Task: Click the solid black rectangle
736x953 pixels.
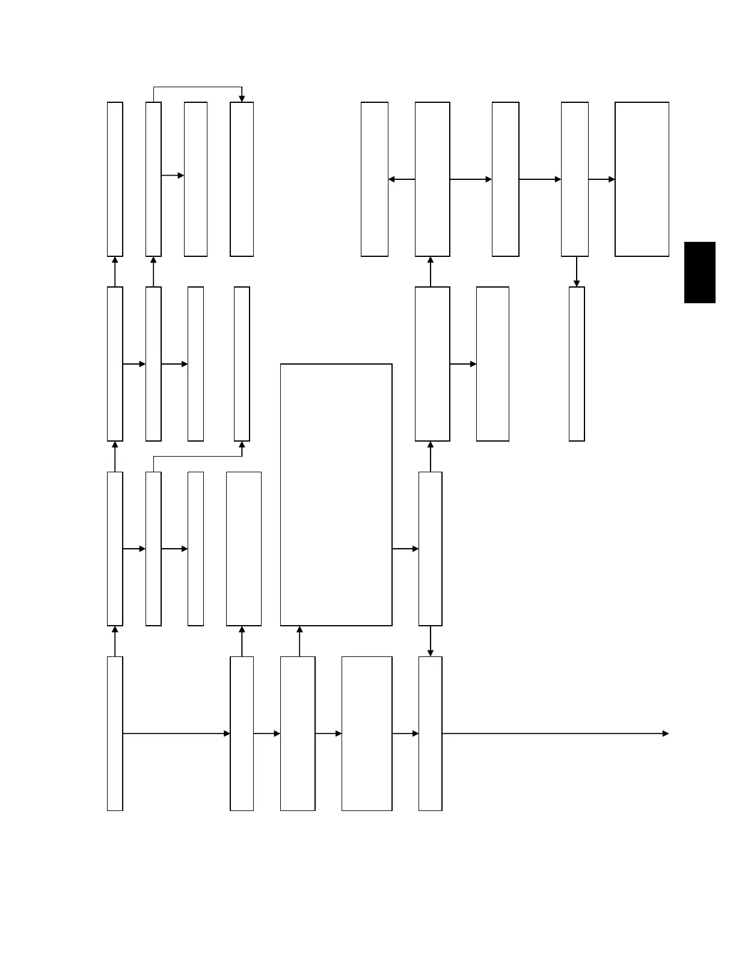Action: pos(700,273)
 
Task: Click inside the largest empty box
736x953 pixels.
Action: pos(336,495)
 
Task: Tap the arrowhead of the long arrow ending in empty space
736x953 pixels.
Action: pos(665,734)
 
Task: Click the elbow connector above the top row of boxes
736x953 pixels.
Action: pos(198,88)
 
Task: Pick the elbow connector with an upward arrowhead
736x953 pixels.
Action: pos(198,456)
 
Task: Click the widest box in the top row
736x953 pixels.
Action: pos(642,179)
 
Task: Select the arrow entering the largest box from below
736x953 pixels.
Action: pos(299,641)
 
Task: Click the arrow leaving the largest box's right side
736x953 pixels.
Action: pos(405,549)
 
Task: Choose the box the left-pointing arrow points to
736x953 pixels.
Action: pos(375,179)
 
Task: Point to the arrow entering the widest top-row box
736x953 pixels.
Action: pos(601,179)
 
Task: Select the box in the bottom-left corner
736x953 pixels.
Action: pos(115,734)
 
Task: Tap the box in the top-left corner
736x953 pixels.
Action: pos(115,179)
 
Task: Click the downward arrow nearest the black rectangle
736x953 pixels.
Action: pos(577,271)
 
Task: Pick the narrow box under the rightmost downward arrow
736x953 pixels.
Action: pos(577,364)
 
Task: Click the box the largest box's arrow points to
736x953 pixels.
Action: pos(431,549)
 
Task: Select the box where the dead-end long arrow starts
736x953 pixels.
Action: pos(431,734)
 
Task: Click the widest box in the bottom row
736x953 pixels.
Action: pos(367,734)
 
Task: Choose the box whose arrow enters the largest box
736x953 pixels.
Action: pos(298,734)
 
